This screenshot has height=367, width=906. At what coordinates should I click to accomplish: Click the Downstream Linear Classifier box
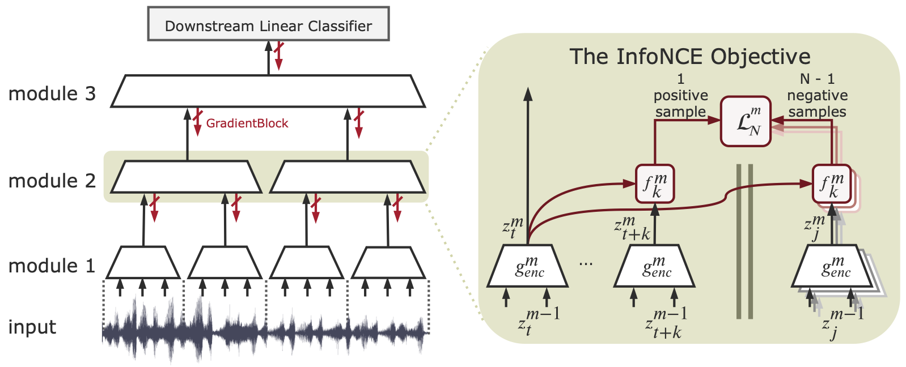click(x=268, y=24)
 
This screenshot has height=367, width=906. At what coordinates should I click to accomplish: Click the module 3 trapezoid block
click(x=268, y=91)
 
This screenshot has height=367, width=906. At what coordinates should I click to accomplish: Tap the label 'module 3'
click(x=52, y=93)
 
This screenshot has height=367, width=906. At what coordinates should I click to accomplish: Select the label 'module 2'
click(x=52, y=181)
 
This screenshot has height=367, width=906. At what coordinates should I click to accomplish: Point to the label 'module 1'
click(x=52, y=266)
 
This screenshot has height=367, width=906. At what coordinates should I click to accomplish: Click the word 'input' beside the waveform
click(x=32, y=327)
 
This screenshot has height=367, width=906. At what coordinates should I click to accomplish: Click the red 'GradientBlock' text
click(x=247, y=123)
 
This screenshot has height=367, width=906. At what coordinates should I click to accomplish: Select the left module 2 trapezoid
click(x=187, y=177)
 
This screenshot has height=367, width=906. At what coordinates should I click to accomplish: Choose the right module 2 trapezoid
click(x=348, y=177)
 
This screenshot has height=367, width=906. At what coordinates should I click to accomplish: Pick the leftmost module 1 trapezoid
click(x=143, y=263)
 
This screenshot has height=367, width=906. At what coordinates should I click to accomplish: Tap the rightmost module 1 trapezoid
click(x=388, y=263)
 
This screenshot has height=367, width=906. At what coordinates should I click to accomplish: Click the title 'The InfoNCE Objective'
click(x=689, y=57)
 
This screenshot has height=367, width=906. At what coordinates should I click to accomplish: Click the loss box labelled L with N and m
click(x=746, y=121)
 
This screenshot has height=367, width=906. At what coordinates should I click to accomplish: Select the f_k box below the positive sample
click(x=655, y=183)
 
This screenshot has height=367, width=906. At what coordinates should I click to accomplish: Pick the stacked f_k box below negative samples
click(x=832, y=183)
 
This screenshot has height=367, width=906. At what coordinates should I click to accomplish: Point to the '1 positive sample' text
click(x=680, y=95)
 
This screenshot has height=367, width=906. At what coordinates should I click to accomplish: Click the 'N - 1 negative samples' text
click(x=817, y=95)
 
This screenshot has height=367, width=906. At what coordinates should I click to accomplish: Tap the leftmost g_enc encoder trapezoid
click(x=528, y=266)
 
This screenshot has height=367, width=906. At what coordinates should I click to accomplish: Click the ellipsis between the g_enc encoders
click(x=586, y=264)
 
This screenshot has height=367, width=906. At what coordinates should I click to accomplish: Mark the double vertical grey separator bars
click(x=744, y=241)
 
